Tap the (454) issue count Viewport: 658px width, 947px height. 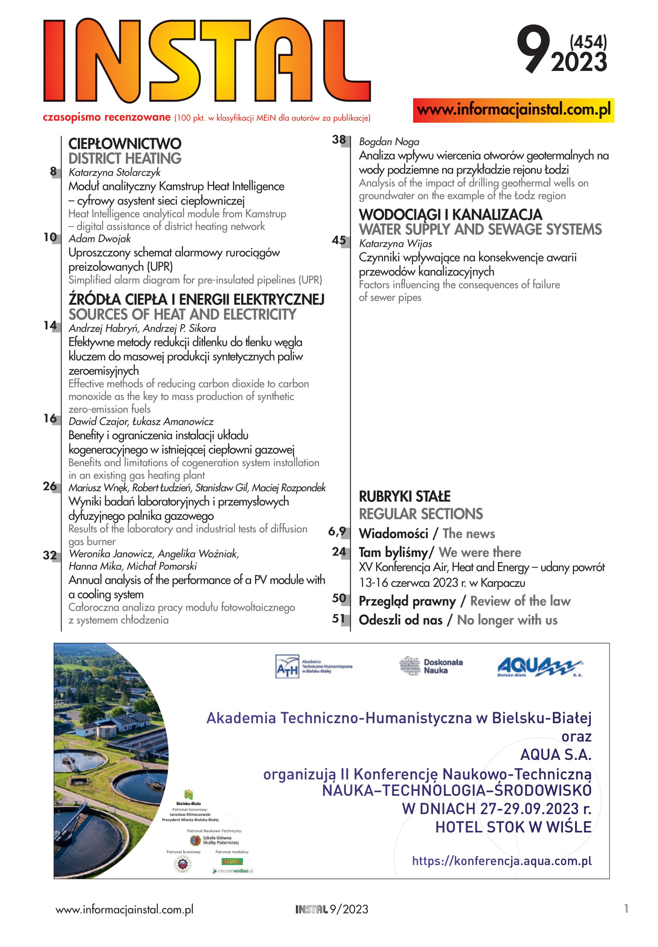click(588, 42)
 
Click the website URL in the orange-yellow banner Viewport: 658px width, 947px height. click(513, 110)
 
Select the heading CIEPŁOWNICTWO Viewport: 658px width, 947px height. click(125, 144)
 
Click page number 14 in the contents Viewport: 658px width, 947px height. click(50, 326)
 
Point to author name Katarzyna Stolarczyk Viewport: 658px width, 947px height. click(114, 172)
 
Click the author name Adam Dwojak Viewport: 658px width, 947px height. click(99, 239)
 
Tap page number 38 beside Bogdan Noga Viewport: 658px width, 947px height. click(339, 140)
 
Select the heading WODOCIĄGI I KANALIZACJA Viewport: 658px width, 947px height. click(450, 214)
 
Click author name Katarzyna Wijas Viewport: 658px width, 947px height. click(395, 244)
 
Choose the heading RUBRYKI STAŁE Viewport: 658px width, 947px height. click(405, 496)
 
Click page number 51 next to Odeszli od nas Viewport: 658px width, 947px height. click(339, 619)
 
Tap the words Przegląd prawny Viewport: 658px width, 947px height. click(407, 601)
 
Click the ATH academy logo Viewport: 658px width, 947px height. click(313, 666)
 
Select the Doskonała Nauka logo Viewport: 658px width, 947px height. click(431, 666)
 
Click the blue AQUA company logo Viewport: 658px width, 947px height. click(539, 667)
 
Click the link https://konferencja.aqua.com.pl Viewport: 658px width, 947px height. click(501, 861)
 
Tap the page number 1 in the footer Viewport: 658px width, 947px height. click(626, 909)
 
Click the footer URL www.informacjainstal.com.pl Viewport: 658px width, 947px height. click(124, 909)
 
